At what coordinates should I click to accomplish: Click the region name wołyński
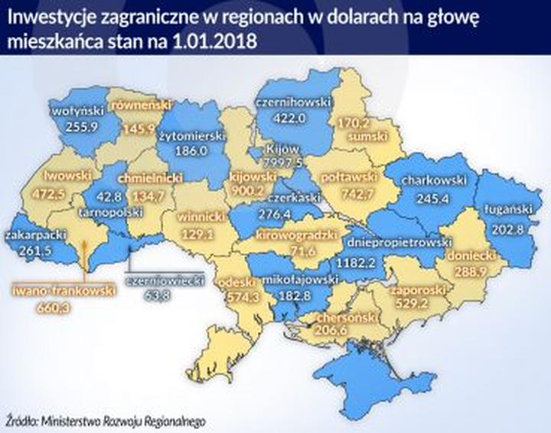pos(71,110)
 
